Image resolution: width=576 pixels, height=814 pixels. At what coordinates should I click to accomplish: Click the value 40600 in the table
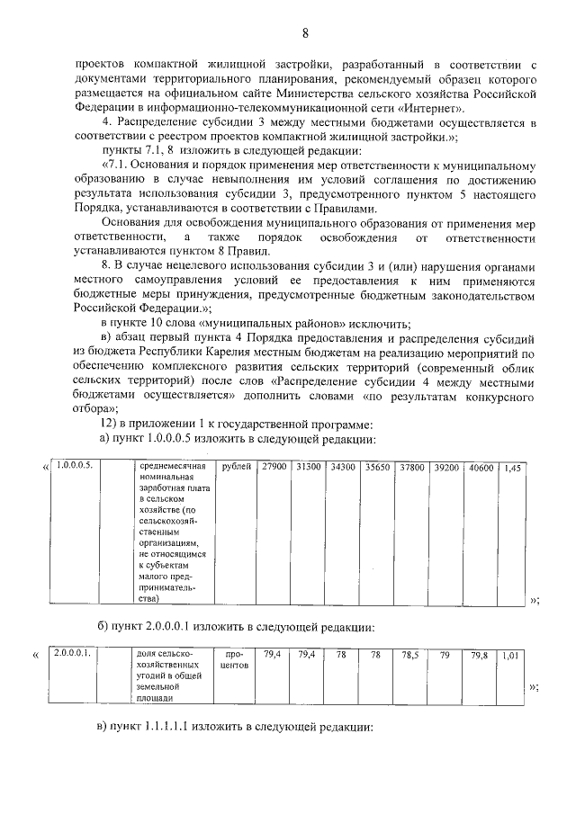pyautogui.click(x=481, y=467)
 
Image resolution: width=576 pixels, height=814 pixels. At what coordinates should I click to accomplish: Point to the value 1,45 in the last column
pyautogui.click(x=512, y=467)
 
